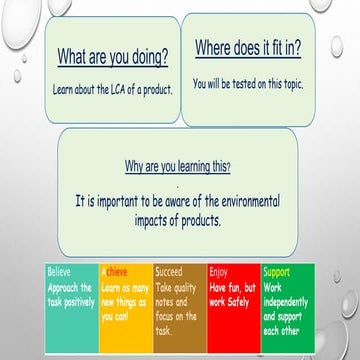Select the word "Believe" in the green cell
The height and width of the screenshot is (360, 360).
(x=60, y=270)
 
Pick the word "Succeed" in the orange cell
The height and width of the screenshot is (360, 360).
(x=169, y=270)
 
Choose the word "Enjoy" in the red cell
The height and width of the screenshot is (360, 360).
(x=218, y=270)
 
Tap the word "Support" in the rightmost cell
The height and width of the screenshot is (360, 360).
(x=277, y=270)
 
